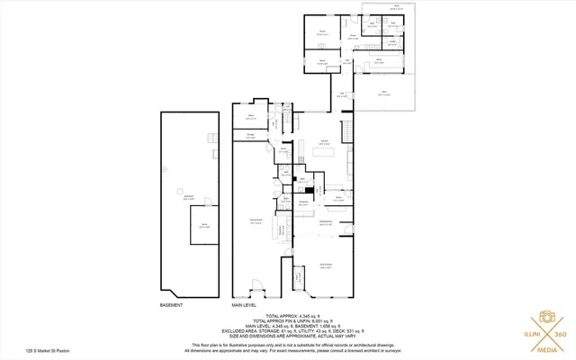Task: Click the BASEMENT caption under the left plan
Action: [172, 306]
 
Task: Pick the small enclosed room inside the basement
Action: [203, 232]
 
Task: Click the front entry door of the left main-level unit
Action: [256, 289]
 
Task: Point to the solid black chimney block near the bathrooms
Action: [307, 189]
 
